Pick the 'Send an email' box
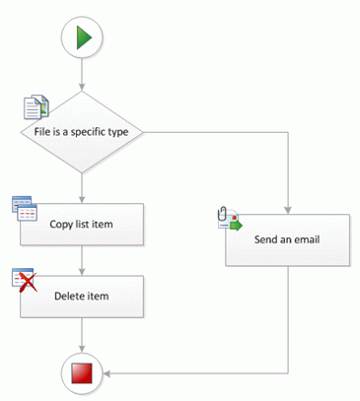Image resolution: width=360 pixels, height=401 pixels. pyautogui.click(x=287, y=239)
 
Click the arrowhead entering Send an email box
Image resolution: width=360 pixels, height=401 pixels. pyautogui.click(x=287, y=209)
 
